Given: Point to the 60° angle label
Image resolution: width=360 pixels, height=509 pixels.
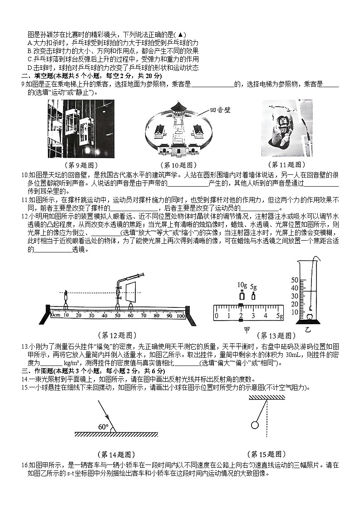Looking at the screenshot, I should (x=104, y=427).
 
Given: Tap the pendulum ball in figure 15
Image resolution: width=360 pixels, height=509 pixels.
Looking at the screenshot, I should (x=255, y=425).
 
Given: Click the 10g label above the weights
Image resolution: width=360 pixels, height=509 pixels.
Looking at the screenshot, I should (x=242, y=285).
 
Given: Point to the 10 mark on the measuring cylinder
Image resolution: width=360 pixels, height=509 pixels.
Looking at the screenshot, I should (x=294, y=312).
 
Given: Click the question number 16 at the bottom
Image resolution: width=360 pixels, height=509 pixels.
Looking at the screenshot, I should (x=25, y=465).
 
